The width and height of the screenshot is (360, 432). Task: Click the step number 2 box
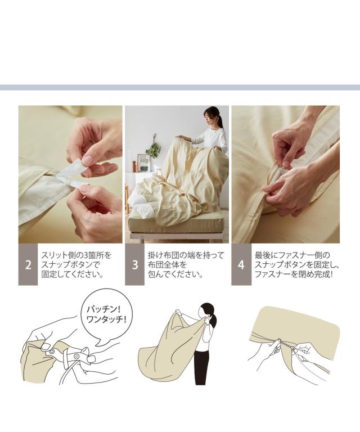28,264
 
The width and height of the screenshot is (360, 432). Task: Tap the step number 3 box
134,264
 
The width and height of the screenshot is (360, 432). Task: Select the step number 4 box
241,264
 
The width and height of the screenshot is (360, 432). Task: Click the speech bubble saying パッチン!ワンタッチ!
106,316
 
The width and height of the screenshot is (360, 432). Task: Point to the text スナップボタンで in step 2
70,265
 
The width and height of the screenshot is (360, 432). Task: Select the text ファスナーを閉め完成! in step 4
294,274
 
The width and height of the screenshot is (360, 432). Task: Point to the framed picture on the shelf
143,163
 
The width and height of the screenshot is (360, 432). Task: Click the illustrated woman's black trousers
200,368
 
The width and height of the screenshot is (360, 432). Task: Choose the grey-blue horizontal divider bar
180,87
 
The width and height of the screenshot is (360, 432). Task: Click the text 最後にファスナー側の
292,255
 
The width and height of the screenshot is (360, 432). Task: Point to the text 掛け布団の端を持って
186,255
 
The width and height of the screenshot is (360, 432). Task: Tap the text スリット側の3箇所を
76,255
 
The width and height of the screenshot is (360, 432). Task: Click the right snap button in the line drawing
76,357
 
